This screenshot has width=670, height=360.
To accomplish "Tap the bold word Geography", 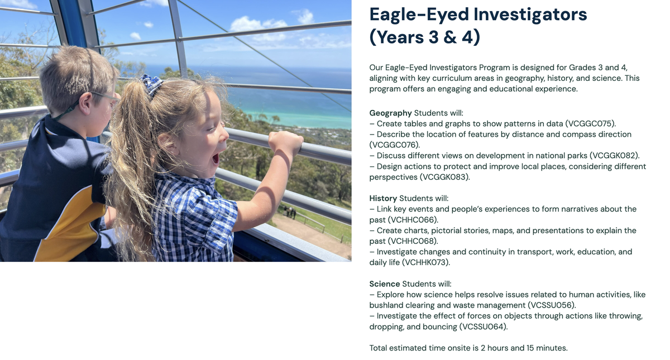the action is (x=391, y=113).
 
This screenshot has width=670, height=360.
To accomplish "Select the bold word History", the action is (x=383, y=198).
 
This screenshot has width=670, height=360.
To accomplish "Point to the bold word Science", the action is (x=385, y=284).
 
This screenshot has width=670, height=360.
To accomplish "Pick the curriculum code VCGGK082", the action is (x=614, y=156).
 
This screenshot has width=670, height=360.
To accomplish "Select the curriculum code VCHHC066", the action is (x=413, y=220).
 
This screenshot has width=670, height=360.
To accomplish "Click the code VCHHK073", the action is (x=425, y=262).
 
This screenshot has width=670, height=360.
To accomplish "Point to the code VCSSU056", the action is (x=551, y=305).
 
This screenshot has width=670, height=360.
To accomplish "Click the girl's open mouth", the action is (x=216, y=158).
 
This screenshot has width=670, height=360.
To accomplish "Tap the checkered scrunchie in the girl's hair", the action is (x=152, y=84).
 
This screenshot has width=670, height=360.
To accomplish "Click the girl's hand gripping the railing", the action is (x=285, y=142).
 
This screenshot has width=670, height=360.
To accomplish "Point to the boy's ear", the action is (x=85, y=104).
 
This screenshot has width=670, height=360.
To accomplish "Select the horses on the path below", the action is (x=290, y=212).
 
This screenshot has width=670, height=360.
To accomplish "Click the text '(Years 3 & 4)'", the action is (x=425, y=37).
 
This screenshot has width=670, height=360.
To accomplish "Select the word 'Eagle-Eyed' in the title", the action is (x=419, y=15).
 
